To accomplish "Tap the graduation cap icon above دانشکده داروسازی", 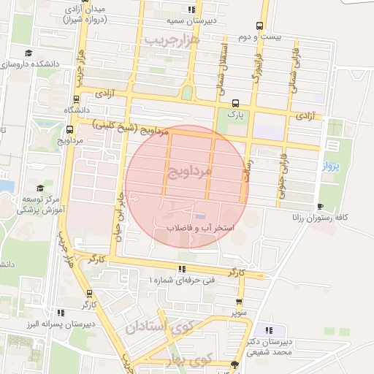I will click(x=28, y=53).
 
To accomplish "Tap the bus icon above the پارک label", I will click(x=234, y=103).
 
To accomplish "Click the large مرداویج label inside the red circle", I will click(x=188, y=172).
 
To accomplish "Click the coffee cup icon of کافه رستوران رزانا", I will click(x=320, y=206).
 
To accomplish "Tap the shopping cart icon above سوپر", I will click(x=239, y=301).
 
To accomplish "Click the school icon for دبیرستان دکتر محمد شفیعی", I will click(x=272, y=329).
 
